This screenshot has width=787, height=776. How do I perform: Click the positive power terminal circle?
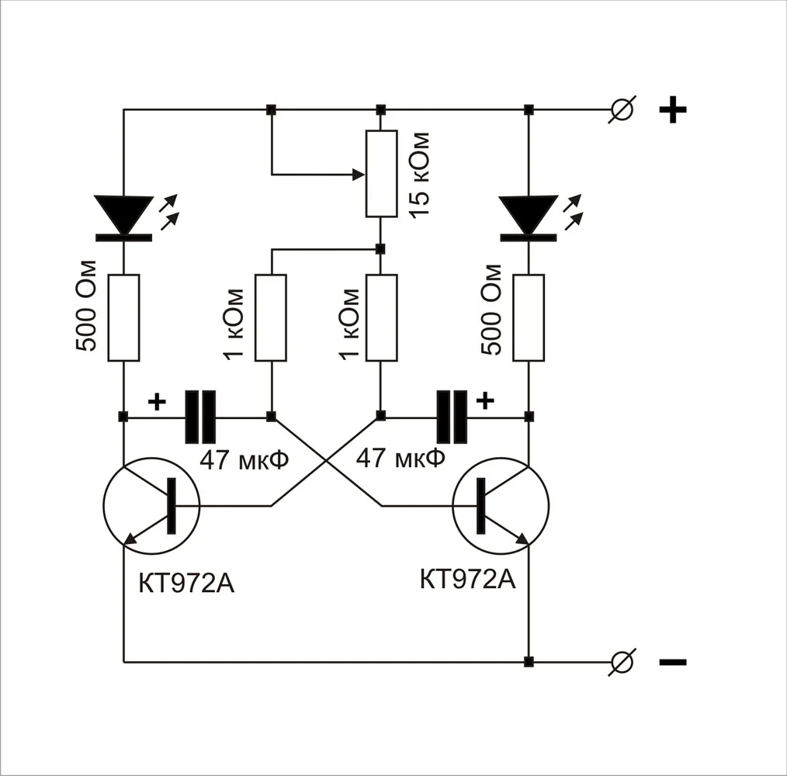pyautogui.click(x=622, y=109)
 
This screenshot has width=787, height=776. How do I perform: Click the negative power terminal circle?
pyautogui.click(x=622, y=662)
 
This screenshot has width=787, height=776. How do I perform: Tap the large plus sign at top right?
pyautogui.click(x=672, y=110)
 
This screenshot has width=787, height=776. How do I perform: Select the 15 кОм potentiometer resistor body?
pyautogui.click(x=381, y=173)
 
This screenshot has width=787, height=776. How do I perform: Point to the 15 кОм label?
pyautogui.click(x=419, y=174)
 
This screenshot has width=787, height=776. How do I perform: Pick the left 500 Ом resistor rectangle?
pyautogui.click(x=123, y=317)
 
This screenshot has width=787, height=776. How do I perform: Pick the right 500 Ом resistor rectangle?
pyautogui.click(x=529, y=317)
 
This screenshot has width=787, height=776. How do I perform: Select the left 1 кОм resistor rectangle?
pyautogui.click(x=271, y=317)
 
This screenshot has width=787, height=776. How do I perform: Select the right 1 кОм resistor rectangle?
pyautogui.click(x=381, y=317)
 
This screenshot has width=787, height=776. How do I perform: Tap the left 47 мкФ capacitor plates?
pyautogui.click(x=200, y=417)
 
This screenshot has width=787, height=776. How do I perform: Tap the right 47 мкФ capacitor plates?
pyautogui.click(x=452, y=417)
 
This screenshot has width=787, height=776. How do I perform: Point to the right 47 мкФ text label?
pyautogui.click(x=400, y=458)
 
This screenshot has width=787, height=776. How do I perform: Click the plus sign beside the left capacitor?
pyautogui.click(x=157, y=401)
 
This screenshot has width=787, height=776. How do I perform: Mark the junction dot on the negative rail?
pyautogui.click(x=529, y=662)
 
